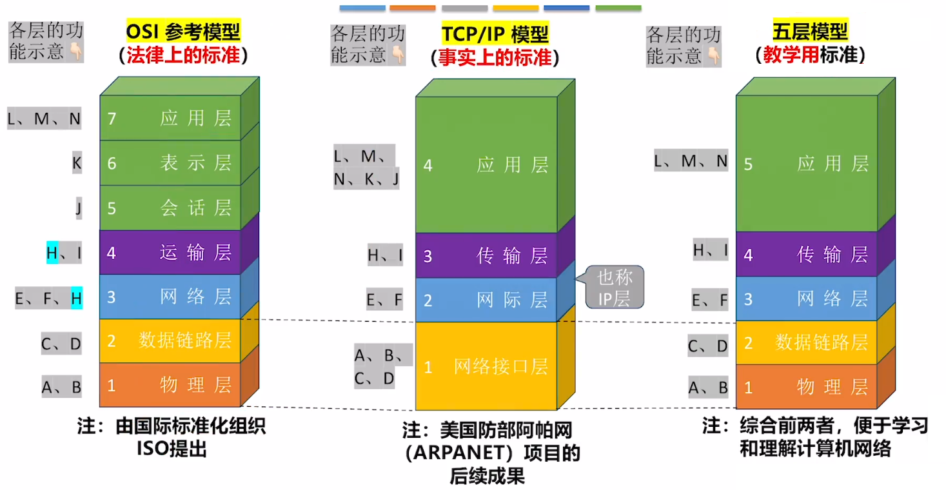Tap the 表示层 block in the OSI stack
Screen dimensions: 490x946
170,162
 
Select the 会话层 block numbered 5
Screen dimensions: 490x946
170,208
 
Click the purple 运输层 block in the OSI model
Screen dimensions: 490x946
170,252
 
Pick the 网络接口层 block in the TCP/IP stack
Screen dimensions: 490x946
486,367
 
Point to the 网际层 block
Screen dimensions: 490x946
486,300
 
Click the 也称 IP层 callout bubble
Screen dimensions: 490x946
614,288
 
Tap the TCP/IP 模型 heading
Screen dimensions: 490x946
495,33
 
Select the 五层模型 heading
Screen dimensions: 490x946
810,30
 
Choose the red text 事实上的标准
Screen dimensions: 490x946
495,57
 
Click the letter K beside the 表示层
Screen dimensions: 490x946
77,163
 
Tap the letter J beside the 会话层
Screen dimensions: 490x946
78,208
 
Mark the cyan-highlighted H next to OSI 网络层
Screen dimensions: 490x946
76,298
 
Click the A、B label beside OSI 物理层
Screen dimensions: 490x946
62,387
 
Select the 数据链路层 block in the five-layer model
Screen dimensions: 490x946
807,342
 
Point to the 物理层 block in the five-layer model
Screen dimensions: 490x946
807,387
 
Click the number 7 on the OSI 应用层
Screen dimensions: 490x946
112,118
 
